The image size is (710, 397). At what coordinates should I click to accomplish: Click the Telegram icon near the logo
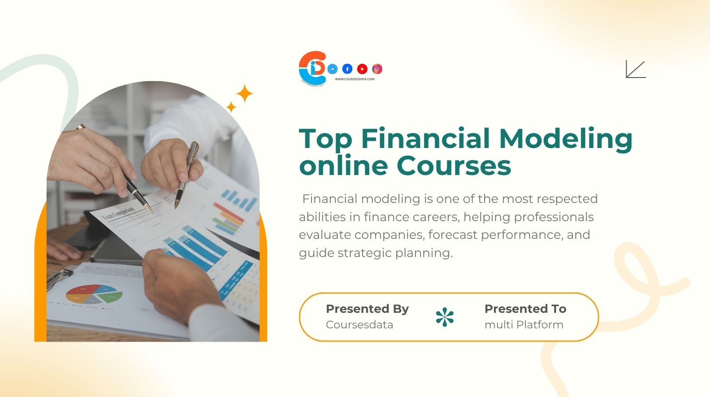332,69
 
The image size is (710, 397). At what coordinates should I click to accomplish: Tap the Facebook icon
347,69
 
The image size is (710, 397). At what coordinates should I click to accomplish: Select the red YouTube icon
362,69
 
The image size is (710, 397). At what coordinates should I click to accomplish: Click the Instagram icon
377,69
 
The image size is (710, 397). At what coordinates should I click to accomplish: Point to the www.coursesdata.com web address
355,79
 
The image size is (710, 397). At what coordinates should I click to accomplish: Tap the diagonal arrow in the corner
635,69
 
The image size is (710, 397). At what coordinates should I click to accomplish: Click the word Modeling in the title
566,139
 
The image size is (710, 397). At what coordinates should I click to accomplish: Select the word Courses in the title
454,166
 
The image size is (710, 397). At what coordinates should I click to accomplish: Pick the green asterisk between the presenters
445,317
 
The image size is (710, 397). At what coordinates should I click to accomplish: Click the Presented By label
367,309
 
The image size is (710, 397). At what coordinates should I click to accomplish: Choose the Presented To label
525,309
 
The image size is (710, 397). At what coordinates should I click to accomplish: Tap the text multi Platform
524,325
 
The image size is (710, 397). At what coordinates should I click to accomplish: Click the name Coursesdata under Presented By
359,325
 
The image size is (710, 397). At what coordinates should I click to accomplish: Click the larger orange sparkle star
244,94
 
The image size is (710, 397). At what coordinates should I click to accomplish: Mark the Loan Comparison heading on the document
118,214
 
